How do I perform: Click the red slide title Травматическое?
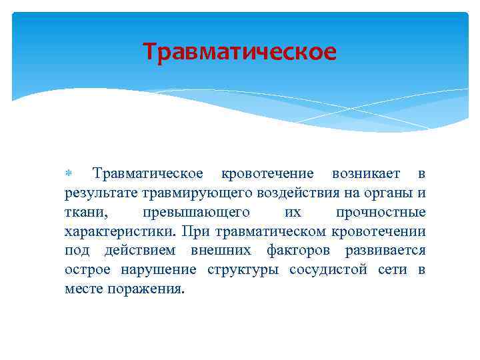pyautogui.click(x=240, y=51)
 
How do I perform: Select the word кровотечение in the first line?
pyautogui.click(x=267, y=174)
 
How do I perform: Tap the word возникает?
pyautogui.click(x=366, y=174)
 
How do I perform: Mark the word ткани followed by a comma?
pyautogui.click(x=83, y=213)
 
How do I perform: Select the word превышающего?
pyautogui.click(x=196, y=213)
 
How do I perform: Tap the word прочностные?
pyautogui.click(x=380, y=213)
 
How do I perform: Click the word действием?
pyautogui.click(x=140, y=251)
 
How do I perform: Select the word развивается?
pyautogui.click(x=385, y=251)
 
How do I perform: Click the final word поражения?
pyautogui.click(x=144, y=290)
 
